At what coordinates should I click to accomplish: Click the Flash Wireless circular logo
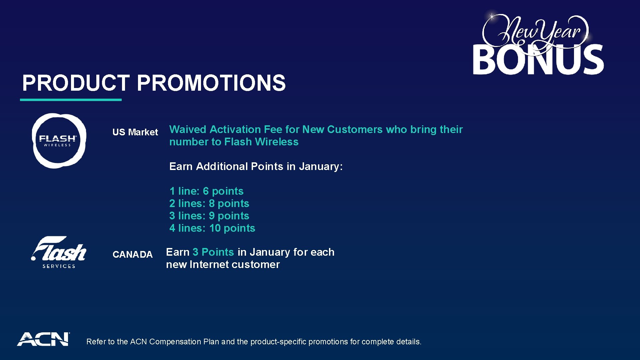coord(59,141)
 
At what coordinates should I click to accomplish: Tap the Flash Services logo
coord(59,253)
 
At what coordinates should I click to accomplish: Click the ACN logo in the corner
coord(43,339)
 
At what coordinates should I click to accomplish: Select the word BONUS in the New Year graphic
coord(538,60)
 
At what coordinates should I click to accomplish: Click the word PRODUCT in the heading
coord(76,83)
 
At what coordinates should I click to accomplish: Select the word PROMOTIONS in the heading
coord(211,83)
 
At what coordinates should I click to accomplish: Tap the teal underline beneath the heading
coord(71,100)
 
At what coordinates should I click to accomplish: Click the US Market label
coord(135,132)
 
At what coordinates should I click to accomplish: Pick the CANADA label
coord(132,255)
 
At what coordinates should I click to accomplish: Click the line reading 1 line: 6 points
coord(206,191)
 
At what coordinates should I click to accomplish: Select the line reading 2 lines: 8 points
coord(209,204)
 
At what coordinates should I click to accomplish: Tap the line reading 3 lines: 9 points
coord(209,216)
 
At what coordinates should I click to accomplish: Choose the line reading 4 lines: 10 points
coord(212,228)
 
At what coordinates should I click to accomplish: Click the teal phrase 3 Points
coord(213,252)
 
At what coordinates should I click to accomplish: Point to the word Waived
coord(188,130)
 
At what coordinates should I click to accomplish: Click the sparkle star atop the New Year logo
coord(492,16)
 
